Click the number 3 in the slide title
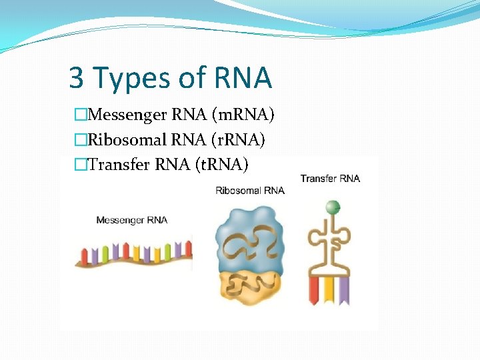point(76,78)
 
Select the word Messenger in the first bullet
point(127,116)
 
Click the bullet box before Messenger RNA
point(81,116)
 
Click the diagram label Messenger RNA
point(131,219)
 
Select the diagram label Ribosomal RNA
point(250,191)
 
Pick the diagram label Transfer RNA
point(330,178)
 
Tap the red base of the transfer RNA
point(314,290)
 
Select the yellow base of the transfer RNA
point(329,290)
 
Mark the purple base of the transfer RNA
point(344,290)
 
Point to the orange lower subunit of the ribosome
point(250,287)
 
